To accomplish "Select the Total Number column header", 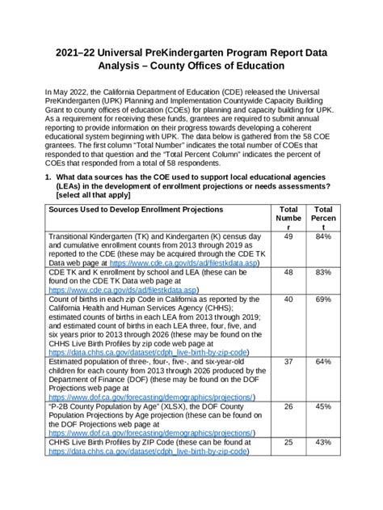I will point(288,219).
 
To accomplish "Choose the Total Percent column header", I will point(324,219).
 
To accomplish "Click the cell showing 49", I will point(288,237).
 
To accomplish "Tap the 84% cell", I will point(324,237).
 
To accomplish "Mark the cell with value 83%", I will point(324,274).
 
